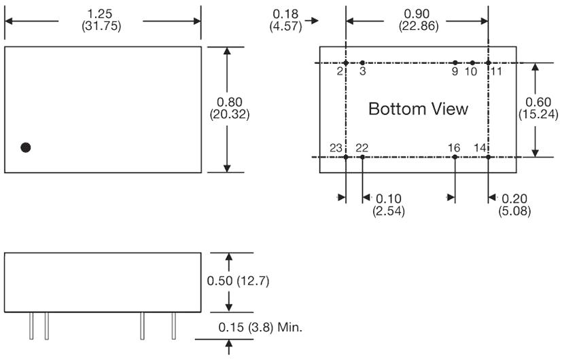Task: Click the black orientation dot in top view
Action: click(x=26, y=147)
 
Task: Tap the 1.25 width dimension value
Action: click(x=103, y=13)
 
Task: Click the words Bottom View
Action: click(x=418, y=109)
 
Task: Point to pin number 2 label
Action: click(x=339, y=71)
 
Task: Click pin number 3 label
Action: click(x=362, y=71)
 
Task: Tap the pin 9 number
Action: click(x=455, y=71)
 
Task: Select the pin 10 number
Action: click(x=471, y=71)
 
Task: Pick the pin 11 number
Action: click(x=496, y=71)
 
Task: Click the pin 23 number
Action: click(x=336, y=147)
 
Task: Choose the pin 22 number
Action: click(x=362, y=147)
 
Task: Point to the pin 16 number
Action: click(x=455, y=147)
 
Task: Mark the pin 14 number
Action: click(x=480, y=147)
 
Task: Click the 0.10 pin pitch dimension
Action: click(x=389, y=198)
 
